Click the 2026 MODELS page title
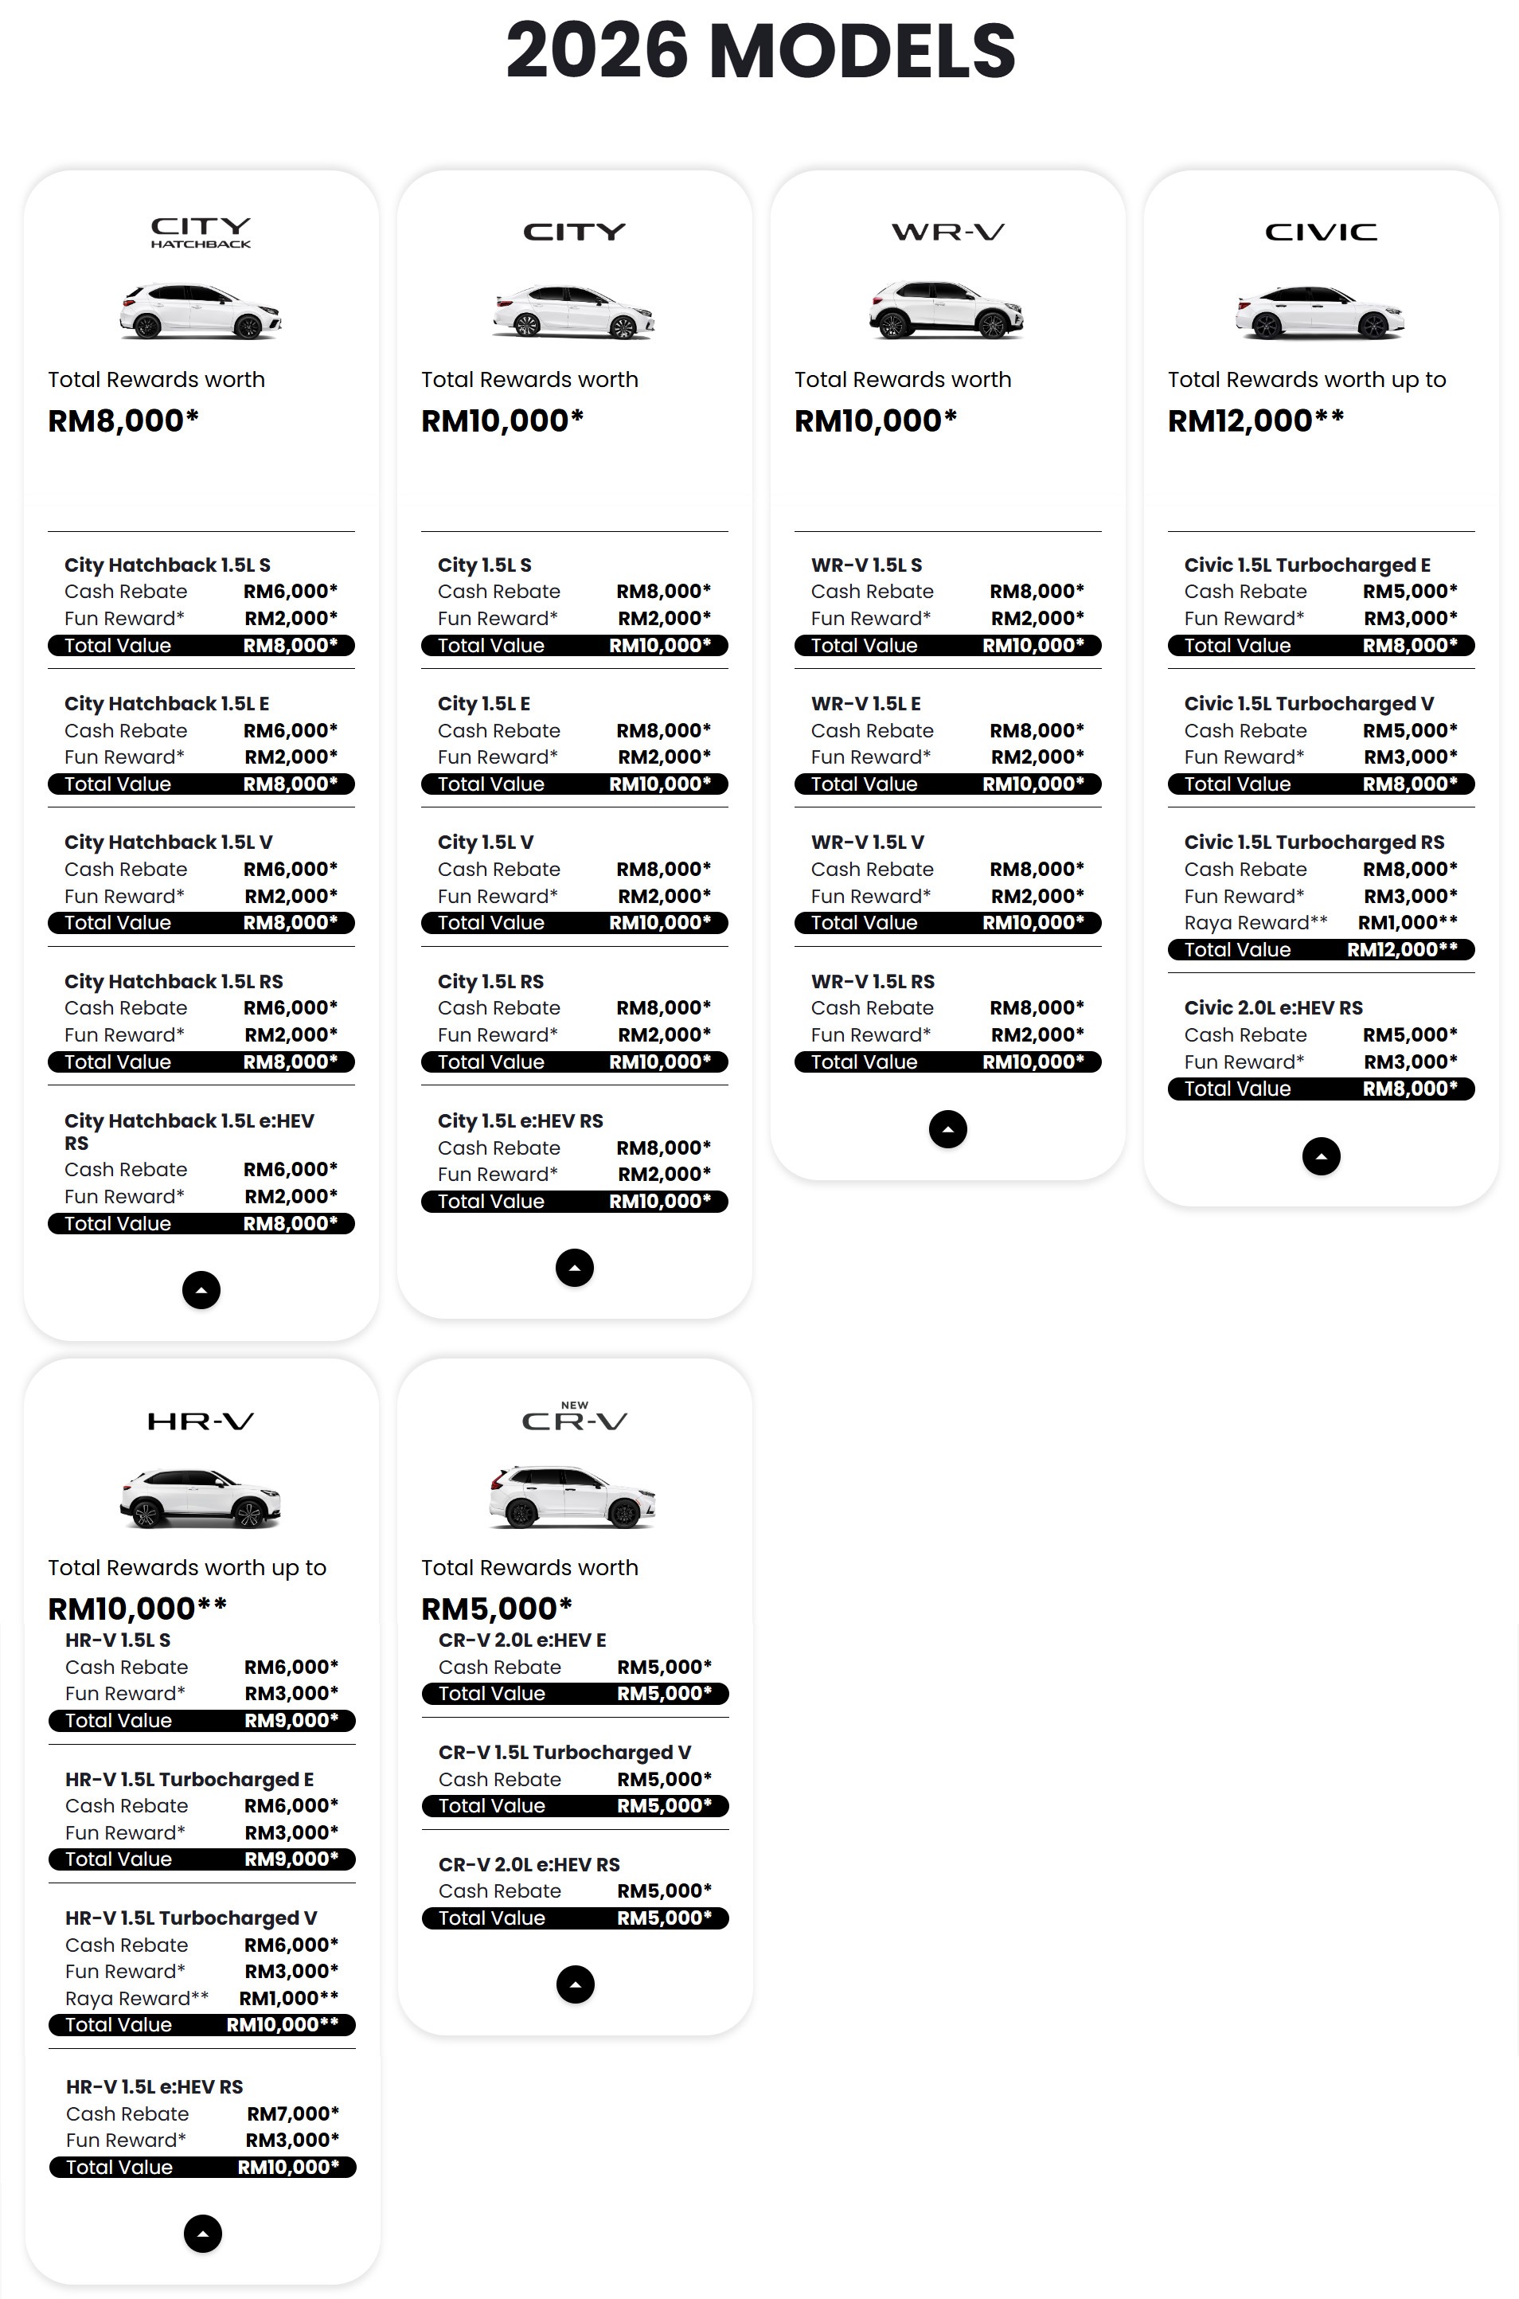760,51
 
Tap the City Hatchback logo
201,233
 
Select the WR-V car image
947,310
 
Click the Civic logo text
1321,233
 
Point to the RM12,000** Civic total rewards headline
1255,420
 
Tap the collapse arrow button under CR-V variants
575,1984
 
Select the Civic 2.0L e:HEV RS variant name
1273,1007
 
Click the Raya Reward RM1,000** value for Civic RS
1408,922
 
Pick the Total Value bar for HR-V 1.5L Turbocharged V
201,2025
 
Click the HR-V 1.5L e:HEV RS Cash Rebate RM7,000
292,2113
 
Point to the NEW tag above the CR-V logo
575,1405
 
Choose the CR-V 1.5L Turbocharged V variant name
564,1752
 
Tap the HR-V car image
201,1498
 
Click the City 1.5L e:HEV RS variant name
520,1121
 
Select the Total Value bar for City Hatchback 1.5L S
201,645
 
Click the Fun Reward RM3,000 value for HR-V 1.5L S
291,1694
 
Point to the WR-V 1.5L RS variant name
872,981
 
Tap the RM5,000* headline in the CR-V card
496,1609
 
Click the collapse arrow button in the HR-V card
202,2234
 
